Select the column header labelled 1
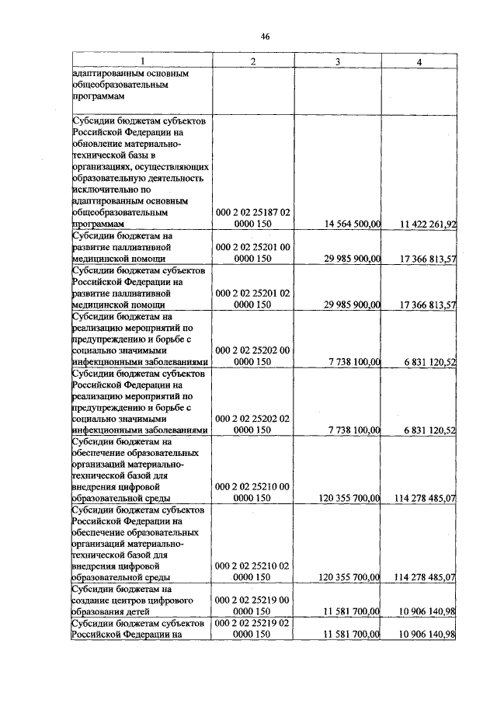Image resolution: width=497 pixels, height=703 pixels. click(x=142, y=61)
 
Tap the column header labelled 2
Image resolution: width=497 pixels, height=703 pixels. click(x=252, y=61)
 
